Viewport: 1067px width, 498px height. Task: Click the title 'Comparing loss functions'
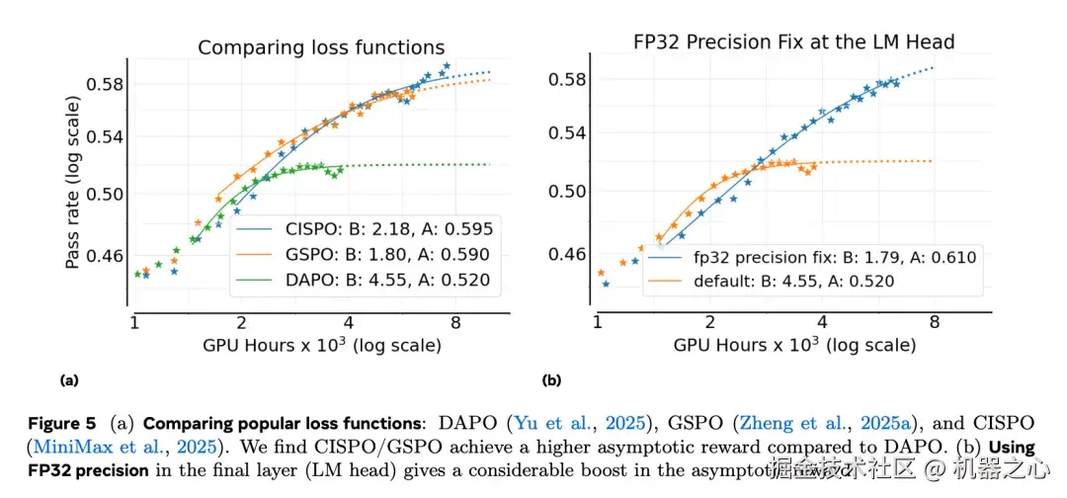[321, 47]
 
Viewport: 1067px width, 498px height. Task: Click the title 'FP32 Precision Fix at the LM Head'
[794, 41]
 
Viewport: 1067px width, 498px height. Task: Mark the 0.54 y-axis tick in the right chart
[568, 133]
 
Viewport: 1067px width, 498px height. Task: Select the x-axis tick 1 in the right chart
[597, 323]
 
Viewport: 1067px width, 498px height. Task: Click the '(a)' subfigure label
[68, 379]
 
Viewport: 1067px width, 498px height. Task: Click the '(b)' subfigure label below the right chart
[551, 379]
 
